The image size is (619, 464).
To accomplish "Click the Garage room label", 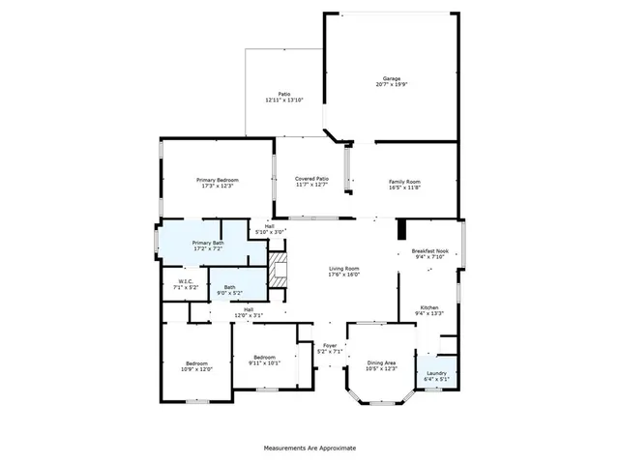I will point(392,78).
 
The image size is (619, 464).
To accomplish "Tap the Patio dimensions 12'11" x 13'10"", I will point(284,100).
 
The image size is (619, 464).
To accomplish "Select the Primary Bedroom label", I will point(218,180).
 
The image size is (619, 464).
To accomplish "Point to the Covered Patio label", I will point(311,179).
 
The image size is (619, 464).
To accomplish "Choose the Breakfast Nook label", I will point(428,250).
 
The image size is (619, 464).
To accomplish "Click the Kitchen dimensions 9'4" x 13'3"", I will point(428,313).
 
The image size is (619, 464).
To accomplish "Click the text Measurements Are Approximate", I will point(309,449).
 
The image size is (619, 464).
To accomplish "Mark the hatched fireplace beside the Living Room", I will point(279,271).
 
